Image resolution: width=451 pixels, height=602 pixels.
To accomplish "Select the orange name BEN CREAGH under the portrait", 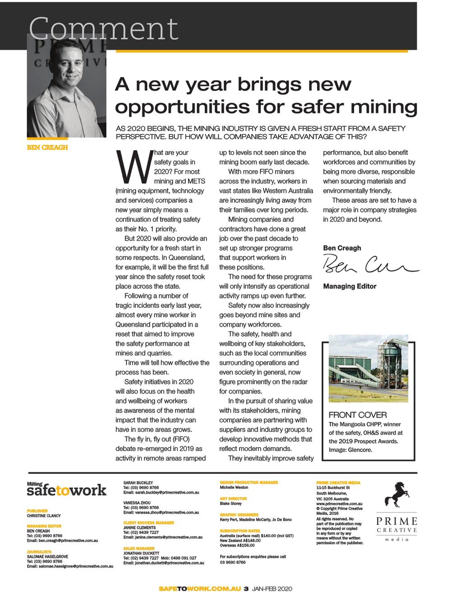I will [47, 148].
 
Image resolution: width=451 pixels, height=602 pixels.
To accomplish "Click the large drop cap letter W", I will [134, 167].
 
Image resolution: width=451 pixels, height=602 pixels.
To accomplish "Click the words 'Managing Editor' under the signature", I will [350, 286].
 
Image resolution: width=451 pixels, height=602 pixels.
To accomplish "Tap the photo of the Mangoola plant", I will [368, 369].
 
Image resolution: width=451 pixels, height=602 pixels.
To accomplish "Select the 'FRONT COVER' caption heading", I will [358, 415].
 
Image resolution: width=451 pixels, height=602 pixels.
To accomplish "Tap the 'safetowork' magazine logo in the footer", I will [66, 490].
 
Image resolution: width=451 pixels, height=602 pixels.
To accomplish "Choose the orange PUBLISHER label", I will [37, 511].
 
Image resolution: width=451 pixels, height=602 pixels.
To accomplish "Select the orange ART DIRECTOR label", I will [233, 499].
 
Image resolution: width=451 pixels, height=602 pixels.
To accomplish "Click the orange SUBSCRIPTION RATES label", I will [239, 531].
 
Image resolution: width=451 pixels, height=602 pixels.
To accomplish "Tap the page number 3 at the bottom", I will [246, 588].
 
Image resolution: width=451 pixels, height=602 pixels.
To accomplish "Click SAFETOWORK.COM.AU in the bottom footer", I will [200, 588].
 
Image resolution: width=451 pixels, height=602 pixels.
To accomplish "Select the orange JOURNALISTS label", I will [39, 551].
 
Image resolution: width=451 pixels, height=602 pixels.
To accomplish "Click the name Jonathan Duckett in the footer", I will [141, 553].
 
